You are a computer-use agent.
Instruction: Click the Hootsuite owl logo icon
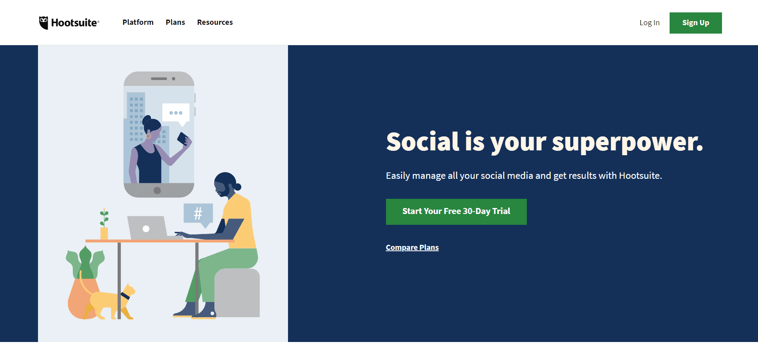[x=44, y=23]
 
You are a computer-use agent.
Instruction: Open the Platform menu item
[x=138, y=22]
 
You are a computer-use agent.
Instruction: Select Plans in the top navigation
[x=175, y=22]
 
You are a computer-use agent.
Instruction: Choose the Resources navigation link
[x=215, y=22]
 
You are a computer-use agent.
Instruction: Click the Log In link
[x=649, y=23]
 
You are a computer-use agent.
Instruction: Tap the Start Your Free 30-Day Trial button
[x=456, y=212]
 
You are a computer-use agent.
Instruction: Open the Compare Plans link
[x=412, y=248]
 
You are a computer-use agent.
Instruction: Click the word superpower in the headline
[x=627, y=142]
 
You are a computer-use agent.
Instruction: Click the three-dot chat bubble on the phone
[x=176, y=114]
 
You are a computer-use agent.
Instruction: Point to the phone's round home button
[x=157, y=190]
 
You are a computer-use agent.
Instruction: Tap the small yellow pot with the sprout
[x=104, y=233]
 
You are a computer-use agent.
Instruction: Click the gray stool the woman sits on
[x=237, y=293]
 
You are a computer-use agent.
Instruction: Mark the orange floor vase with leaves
[x=84, y=298]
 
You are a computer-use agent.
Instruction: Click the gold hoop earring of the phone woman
[x=148, y=136]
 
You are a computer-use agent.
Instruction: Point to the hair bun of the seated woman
[x=238, y=187]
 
